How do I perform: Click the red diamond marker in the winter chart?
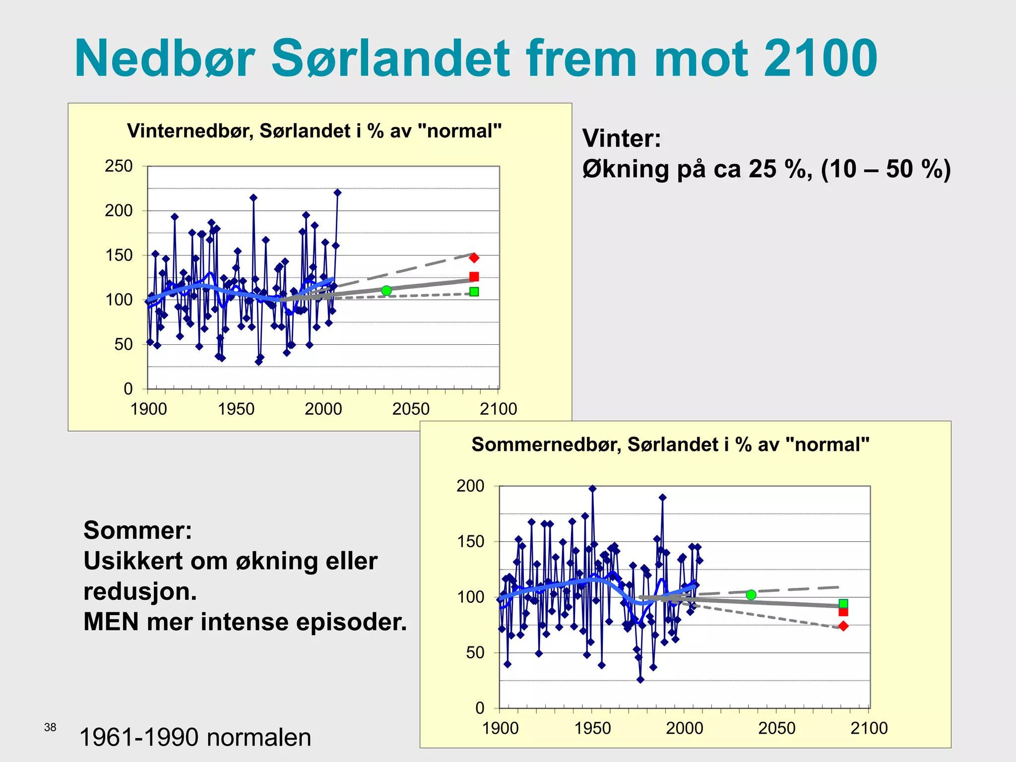point(474,257)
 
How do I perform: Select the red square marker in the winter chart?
point(474,277)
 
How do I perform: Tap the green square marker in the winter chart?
point(474,292)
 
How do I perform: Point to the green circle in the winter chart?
point(386,291)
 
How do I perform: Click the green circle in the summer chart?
point(751,595)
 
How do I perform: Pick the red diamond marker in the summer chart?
point(843,626)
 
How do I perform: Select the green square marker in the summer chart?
point(843,604)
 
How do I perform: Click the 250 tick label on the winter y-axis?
point(119,166)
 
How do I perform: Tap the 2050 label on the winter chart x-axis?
point(411,409)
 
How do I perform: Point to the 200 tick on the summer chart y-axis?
point(470,486)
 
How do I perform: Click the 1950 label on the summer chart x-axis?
point(592,728)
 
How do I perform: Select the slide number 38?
point(50,727)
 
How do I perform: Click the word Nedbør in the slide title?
point(164,59)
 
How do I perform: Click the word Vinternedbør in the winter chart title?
point(190,131)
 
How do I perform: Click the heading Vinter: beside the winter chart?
point(622,138)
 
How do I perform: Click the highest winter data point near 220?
point(337,192)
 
